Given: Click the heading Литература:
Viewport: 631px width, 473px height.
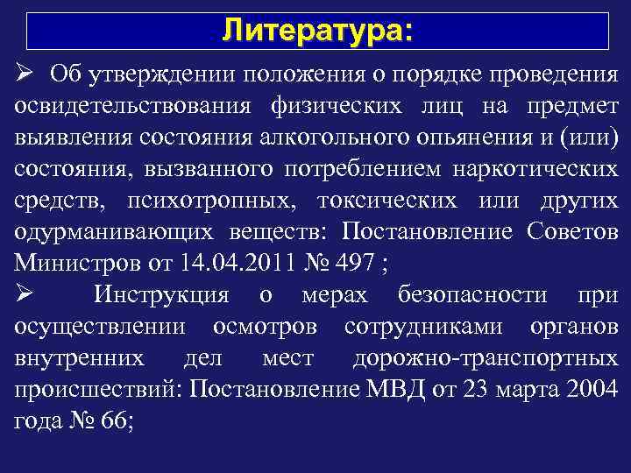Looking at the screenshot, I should [x=315, y=31].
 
